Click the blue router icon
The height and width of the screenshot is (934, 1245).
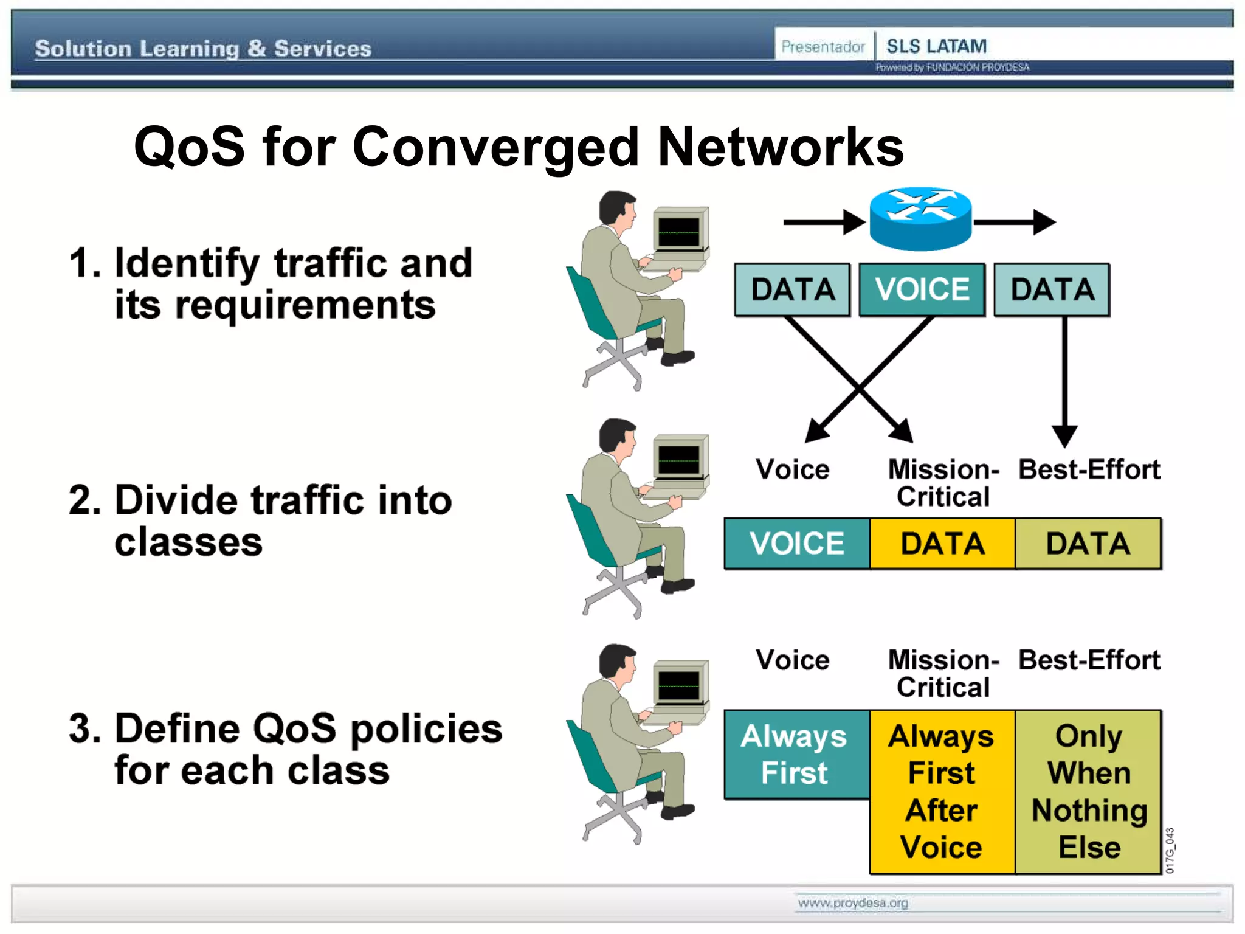920,219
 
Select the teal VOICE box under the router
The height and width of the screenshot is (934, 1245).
922,289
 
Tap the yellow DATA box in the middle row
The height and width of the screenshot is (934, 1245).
942,544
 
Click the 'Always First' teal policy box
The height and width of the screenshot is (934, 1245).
796,754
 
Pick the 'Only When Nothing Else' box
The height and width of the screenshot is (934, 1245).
1088,792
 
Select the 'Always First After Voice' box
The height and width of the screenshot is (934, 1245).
942,792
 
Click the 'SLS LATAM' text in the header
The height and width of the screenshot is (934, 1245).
936,46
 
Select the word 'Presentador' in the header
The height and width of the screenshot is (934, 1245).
823,47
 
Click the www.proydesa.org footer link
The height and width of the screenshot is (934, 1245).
853,903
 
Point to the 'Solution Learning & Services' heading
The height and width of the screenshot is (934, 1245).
203,49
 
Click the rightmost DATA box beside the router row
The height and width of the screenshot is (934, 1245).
1052,289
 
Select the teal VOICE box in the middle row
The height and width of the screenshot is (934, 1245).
796,544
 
